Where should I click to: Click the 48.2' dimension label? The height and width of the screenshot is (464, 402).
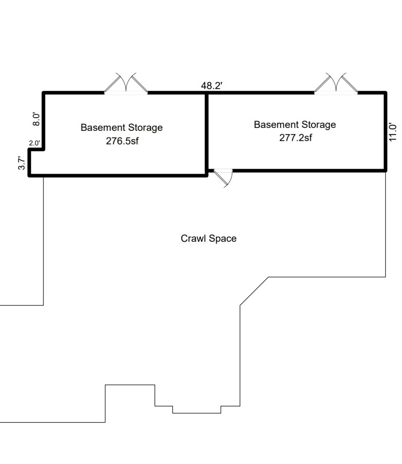[x=212, y=85]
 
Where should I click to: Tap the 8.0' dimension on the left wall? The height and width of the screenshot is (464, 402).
[x=36, y=119]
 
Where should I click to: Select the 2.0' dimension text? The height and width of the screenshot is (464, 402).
[x=34, y=143]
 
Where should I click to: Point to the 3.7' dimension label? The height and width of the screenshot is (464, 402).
[x=21, y=163]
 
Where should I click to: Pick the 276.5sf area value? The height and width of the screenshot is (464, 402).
[x=122, y=141]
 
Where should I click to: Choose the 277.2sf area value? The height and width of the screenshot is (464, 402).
[x=296, y=137]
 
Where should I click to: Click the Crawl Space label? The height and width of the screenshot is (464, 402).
[x=209, y=239]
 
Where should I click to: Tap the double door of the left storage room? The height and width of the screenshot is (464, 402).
[x=126, y=83]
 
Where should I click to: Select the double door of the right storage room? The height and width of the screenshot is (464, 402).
[x=336, y=83]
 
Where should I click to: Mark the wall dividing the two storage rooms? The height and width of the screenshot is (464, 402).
[x=206, y=134]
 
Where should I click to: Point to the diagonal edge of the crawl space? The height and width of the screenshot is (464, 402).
[x=254, y=291]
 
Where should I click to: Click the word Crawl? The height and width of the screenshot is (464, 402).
[x=193, y=239]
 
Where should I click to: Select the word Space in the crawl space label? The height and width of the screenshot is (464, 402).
[x=222, y=239]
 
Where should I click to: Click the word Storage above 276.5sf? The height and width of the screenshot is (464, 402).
[x=145, y=128]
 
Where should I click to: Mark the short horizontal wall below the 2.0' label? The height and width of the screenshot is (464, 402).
[x=36, y=149]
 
